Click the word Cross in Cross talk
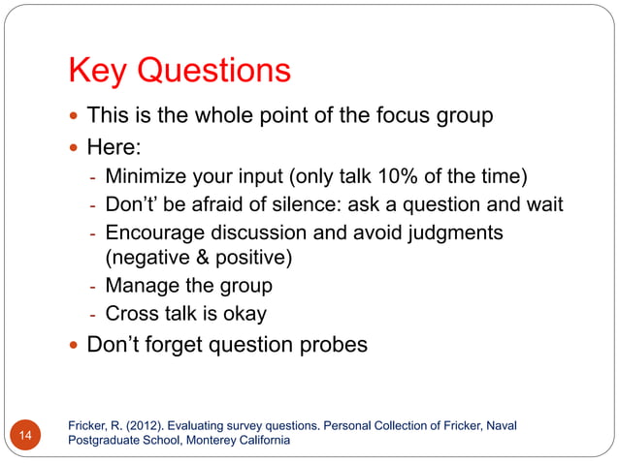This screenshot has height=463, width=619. [131, 314]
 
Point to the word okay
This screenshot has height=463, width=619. [241, 314]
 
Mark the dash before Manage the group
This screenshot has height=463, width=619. [92, 287]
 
